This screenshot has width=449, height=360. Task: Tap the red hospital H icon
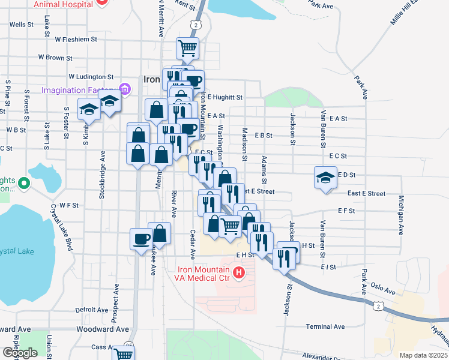tap(239, 274)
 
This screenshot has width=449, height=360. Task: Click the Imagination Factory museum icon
tap(125, 90)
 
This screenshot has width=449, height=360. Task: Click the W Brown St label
tap(55, 58)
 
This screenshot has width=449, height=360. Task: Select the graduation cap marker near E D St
tap(325, 178)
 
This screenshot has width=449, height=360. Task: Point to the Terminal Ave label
tap(325, 326)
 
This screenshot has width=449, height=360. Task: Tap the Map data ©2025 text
tap(423, 355)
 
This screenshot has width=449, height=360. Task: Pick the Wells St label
tap(21, 25)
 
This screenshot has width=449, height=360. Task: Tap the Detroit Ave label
tap(92, 310)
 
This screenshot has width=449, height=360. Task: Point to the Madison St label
tap(245, 144)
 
